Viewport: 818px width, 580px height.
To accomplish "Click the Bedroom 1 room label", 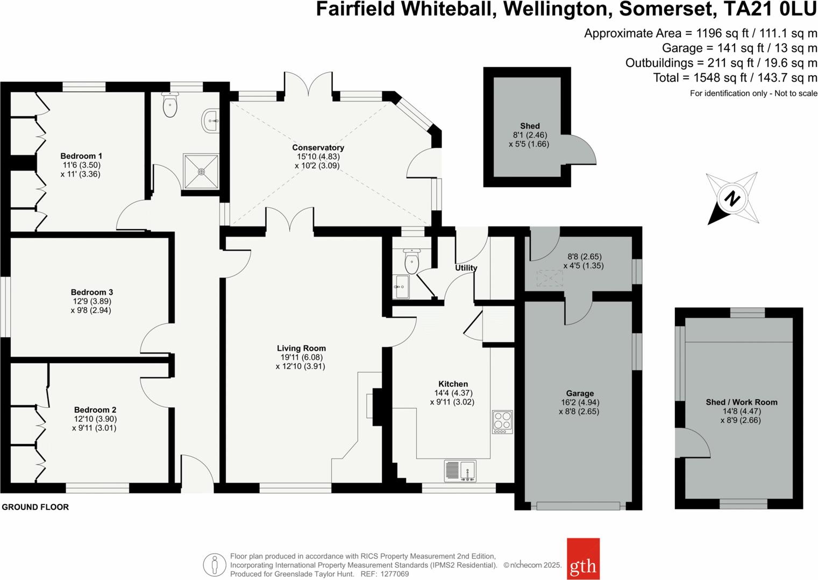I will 81,156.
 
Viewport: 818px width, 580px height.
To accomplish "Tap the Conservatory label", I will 318,147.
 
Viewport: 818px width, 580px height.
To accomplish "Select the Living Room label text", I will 301,348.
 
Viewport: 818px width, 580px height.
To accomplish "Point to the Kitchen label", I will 453,384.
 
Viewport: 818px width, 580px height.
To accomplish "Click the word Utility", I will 466,268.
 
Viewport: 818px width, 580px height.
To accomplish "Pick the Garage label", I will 579,393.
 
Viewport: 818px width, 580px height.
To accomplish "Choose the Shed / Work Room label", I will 741,402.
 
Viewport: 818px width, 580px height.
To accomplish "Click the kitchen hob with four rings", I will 502,422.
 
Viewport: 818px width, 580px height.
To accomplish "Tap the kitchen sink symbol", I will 460,471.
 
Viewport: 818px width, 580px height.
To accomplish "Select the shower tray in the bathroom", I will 201,172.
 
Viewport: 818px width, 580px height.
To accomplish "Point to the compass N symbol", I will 732,198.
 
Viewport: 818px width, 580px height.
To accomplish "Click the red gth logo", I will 583,559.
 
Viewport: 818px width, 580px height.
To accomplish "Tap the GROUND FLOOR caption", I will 35,507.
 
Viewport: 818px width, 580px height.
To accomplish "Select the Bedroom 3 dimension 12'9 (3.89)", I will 93,301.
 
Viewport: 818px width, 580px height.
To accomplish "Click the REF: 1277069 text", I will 384,574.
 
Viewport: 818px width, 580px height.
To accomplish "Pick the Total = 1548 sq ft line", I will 735,78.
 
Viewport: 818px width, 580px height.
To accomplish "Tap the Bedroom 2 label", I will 95,409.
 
